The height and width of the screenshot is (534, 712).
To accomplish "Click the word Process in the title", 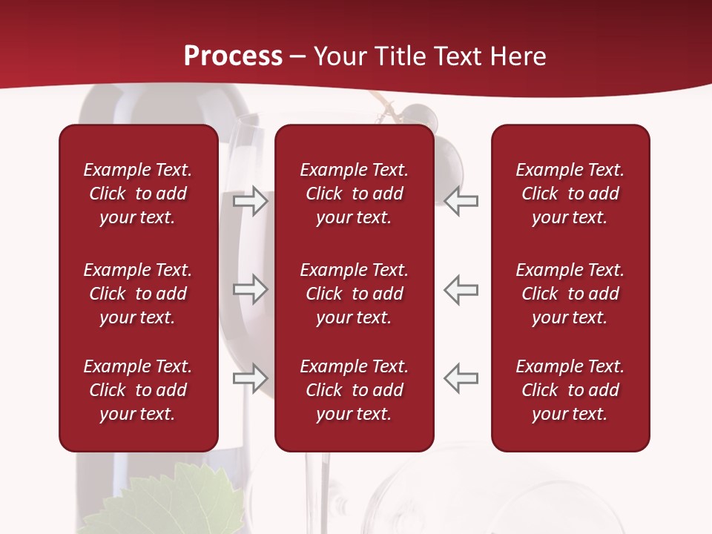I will [x=233, y=56].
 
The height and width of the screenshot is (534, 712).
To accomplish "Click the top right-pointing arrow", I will [x=250, y=201].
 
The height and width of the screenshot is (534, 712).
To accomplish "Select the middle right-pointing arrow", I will [x=250, y=289].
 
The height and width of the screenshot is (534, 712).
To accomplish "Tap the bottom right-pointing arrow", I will [x=250, y=378].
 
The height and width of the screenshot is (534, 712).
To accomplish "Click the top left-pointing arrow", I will [x=461, y=201].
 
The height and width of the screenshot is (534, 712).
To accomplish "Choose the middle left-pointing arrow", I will [x=461, y=289].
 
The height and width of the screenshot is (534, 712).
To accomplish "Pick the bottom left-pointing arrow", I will [x=461, y=378].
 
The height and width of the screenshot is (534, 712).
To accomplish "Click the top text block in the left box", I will [x=138, y=194].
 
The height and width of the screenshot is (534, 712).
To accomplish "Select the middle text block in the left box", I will [x=138, y=294].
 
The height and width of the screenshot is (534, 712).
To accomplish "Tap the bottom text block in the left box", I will [x=138, y=390].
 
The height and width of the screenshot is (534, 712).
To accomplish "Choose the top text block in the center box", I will [x=354, y=194].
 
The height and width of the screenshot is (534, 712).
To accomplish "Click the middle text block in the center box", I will [x=354, y=294].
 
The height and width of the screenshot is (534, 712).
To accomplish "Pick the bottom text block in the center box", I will [x=354, y=390].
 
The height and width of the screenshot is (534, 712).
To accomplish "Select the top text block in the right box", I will [x=570, y=194].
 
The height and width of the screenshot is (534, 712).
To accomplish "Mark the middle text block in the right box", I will [x=570, y=294].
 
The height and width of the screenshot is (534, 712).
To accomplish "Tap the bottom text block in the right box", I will [x=570, y=390].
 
